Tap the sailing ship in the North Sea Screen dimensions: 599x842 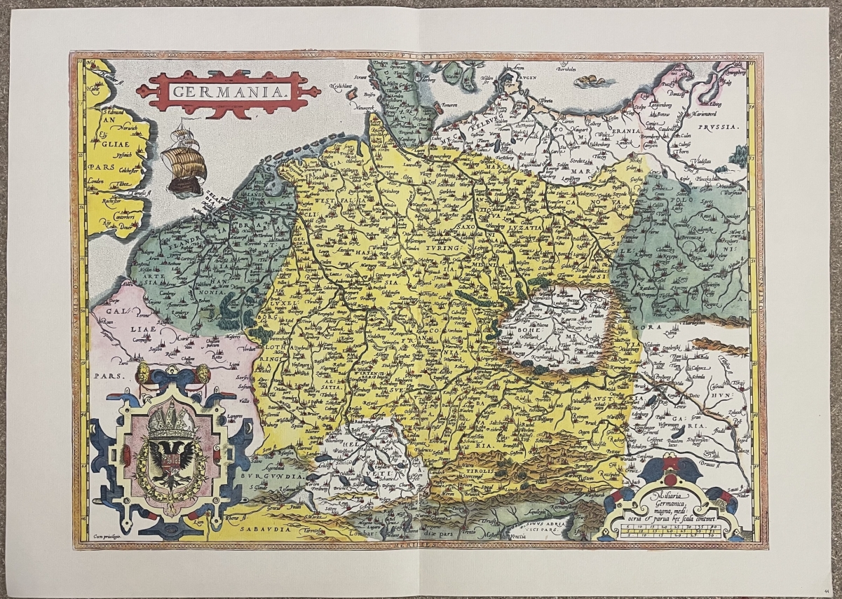[184, 158]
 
